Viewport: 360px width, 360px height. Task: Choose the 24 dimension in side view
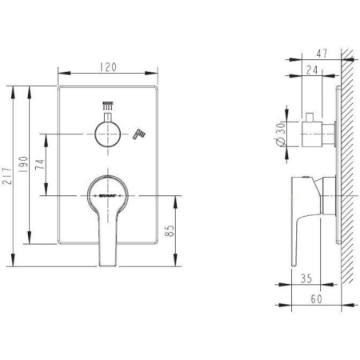coord(312,70)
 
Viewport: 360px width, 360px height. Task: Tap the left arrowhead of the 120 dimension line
coord(62,78)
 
